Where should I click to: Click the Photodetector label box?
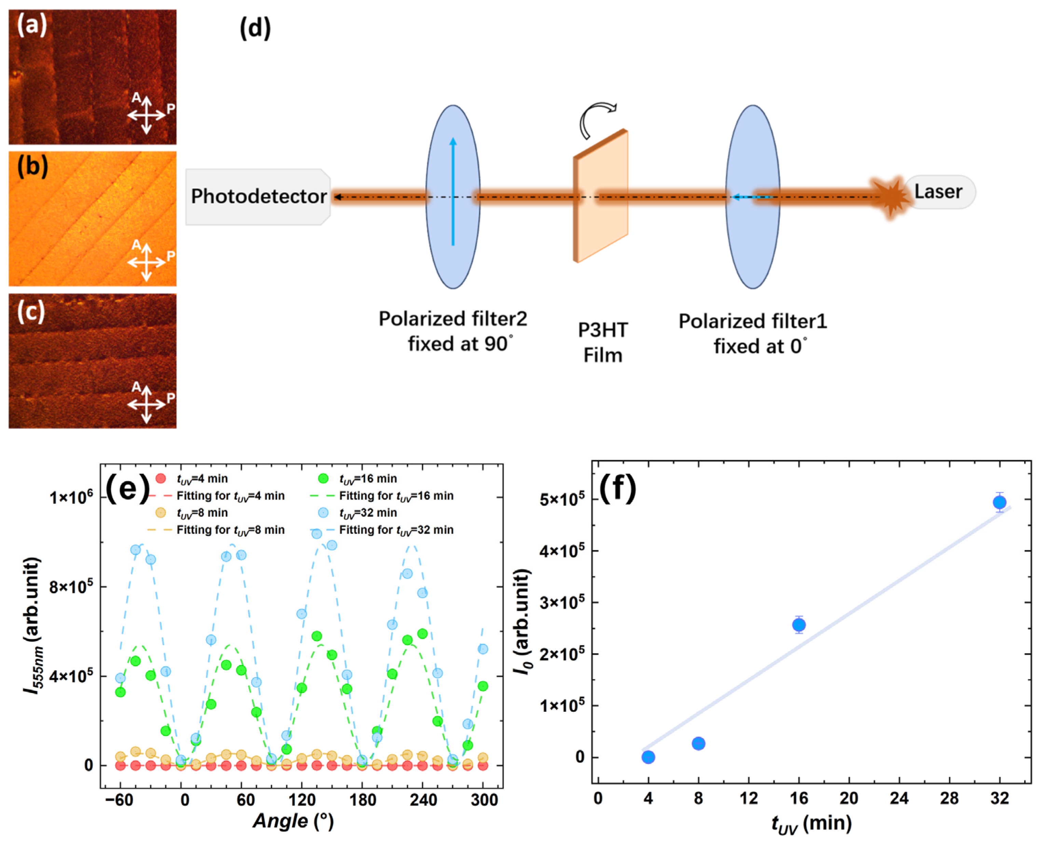(258, 197)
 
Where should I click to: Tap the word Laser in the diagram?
(938, 191)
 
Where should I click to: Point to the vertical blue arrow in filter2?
(453, 191)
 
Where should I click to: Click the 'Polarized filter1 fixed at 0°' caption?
(752, 334)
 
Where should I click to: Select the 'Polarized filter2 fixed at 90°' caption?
(453, 331)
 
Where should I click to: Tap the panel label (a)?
(32, 24)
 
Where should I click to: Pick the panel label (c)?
(31, 311)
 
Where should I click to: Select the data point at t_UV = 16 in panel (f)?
(799, 625)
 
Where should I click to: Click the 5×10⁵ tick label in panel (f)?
(562, 499)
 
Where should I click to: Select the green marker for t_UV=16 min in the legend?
(323, 479)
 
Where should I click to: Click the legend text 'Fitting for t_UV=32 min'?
(396, 530)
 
